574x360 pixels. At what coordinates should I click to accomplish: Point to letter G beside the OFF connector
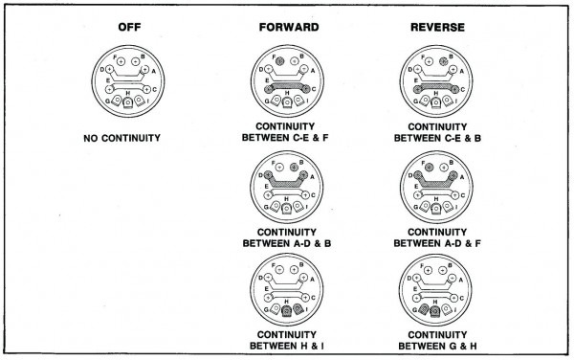tap(103, 101)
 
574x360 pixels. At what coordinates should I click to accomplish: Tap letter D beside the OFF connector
tap(104, 70)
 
